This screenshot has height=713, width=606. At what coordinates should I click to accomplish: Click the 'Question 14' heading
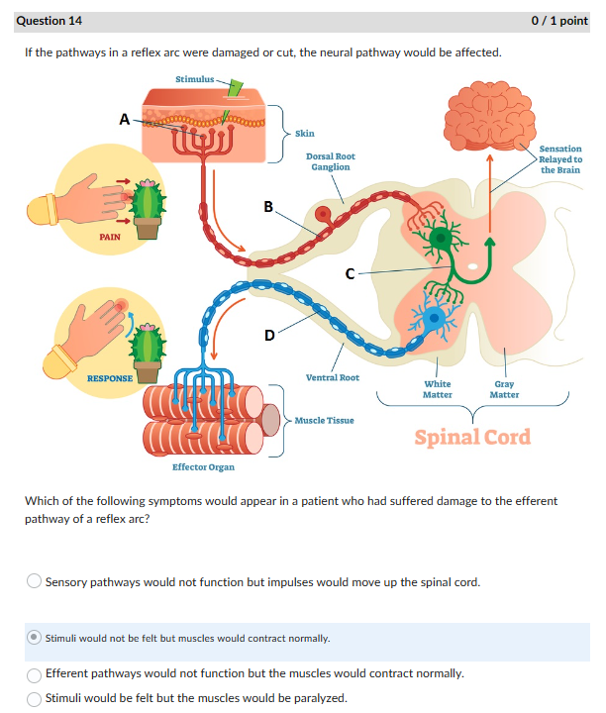point(50,20)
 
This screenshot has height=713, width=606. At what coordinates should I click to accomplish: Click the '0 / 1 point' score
point(559,20)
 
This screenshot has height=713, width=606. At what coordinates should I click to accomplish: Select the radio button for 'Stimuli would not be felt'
point(35,638)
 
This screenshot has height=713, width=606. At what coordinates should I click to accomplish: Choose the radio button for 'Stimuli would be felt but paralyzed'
point(35,698)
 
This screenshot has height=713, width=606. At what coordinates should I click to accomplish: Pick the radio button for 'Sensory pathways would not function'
point(35,581)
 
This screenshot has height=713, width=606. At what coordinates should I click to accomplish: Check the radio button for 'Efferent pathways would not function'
point(35,673)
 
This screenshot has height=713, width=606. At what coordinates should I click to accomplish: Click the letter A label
point(125,119)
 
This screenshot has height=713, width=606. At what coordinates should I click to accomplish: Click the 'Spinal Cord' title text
point(472,437)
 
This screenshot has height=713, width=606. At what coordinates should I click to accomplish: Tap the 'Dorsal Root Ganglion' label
point(331,161)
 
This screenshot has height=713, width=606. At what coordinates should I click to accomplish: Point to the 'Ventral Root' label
point(333,377)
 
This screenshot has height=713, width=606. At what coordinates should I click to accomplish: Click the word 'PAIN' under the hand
point(110,237)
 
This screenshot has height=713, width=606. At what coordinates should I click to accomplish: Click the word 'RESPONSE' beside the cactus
point(110,378)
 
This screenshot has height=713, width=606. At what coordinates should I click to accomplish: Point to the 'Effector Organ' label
point(203,466)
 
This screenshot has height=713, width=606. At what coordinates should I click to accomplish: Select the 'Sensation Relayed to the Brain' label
point(560,158)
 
